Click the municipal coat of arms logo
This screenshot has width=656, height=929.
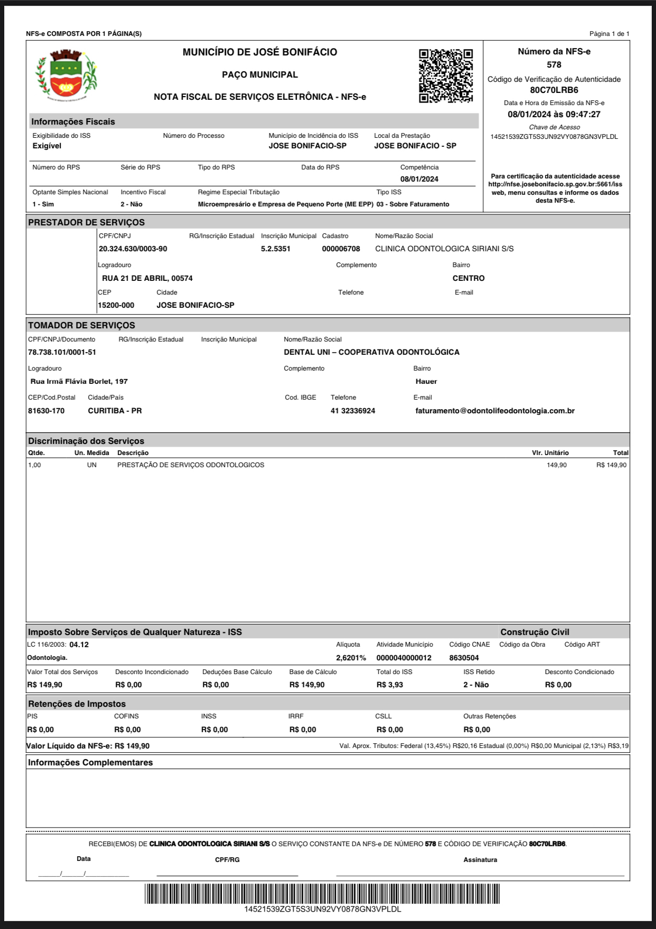(66, 75)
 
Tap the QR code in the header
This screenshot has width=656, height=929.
(446, 76)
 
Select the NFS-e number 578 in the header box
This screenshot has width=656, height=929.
(554, 65)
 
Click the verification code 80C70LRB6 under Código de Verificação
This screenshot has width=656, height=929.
(554, 90)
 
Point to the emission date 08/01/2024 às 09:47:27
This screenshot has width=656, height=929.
(554, 115)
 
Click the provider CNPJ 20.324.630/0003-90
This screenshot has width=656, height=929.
(133, 249)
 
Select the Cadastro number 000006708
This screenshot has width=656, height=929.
(341, 249)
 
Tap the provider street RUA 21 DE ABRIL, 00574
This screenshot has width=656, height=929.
(147, 278)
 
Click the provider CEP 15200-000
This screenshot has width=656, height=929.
(116, 305)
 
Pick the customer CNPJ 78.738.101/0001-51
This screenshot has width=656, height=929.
(62, 352)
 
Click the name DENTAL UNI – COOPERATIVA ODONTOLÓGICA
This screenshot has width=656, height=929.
(372, 352)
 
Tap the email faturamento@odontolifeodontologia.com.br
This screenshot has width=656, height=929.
(495, 411)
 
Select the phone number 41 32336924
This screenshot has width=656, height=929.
(353, 411)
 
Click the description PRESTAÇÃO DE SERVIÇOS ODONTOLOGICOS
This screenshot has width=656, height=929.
(191, 465)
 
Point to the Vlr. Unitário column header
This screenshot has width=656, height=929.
(550, 453)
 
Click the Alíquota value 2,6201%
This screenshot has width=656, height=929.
(351, 658)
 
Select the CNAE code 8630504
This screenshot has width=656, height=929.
(464, 658)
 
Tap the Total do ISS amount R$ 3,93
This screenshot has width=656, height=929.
(390, 685)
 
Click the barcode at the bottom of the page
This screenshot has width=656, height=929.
(322, 894)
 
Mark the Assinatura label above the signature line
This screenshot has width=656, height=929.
(480, 860)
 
